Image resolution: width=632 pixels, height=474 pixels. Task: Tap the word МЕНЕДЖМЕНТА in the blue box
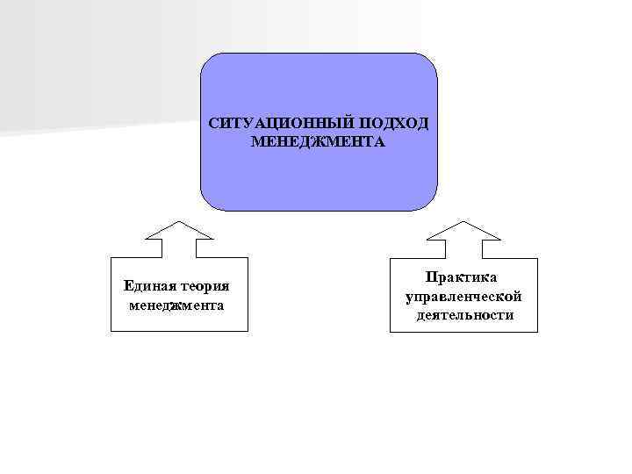(317, 141)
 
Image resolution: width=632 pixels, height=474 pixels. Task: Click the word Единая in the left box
(148, 286)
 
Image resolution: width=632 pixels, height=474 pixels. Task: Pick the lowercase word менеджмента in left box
(176, 305)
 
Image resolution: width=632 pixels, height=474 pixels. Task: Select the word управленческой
(463, 297)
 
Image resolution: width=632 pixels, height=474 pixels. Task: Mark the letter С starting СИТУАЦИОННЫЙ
(213, 124)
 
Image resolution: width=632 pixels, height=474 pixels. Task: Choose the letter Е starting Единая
(129, 286)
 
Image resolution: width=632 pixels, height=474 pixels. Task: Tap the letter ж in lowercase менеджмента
(178, 305)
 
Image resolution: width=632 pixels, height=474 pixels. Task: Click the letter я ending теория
(226, 286)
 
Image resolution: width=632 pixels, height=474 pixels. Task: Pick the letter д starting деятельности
(421, 315)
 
